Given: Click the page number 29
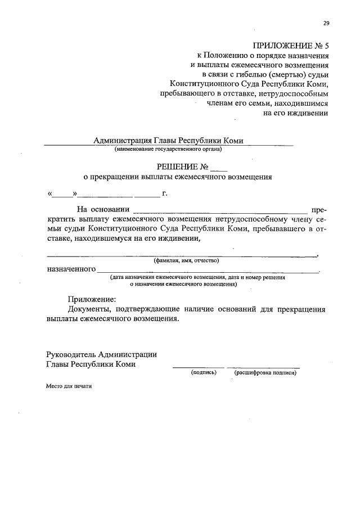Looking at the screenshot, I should tap(326, 23).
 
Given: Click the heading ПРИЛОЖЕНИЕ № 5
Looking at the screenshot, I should tap(290, 46).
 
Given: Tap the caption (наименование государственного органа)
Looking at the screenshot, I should tap(168, 149).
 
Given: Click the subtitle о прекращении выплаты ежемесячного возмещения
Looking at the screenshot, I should tap(177, 177).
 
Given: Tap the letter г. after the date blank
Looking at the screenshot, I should tap(165, 194).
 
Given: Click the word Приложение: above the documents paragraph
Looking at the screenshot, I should tap(92, 299).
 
